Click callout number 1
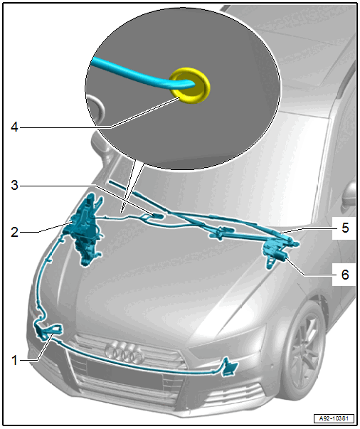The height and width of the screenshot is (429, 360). pos(15,360)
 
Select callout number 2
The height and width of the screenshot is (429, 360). pos(14,232)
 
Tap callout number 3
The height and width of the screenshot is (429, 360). pos(14,185)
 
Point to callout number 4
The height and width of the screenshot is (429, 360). pos(14,127)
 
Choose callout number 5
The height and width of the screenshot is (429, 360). pos(345,228)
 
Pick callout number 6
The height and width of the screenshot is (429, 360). pos(345,275)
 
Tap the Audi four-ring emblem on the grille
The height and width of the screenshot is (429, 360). pos(124,351)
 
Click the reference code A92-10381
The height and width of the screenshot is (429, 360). pos(334,418)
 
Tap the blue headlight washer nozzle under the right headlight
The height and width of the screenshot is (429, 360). pos(229,368)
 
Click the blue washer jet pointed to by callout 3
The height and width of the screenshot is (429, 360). pos(154,216)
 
